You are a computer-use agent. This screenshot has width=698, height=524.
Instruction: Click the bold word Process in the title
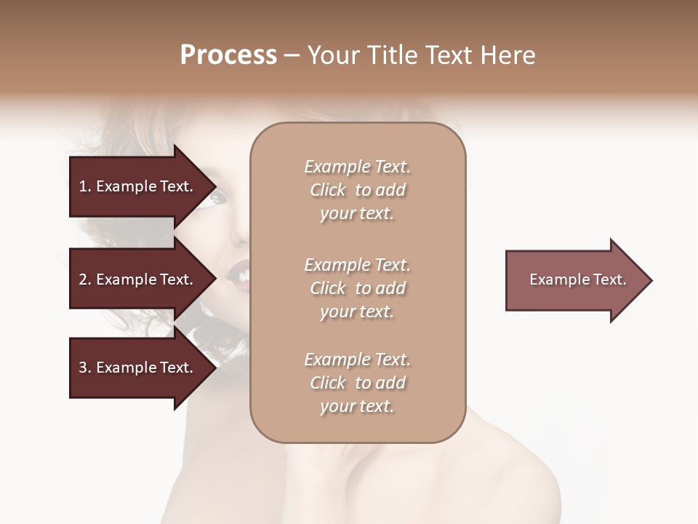[228, 55]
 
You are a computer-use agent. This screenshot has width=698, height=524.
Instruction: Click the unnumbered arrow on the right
[574, 280]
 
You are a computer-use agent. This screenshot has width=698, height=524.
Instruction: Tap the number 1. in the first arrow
[85, 186]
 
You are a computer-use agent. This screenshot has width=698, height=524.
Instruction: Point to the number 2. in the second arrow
[85, 279]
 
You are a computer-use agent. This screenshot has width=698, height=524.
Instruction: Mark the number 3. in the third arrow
[85, 368]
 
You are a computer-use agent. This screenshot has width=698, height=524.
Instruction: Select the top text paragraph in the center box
[357, 190]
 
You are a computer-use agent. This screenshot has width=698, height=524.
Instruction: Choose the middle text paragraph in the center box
[357, 288]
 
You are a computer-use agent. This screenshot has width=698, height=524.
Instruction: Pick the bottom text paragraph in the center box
[357, 383]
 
